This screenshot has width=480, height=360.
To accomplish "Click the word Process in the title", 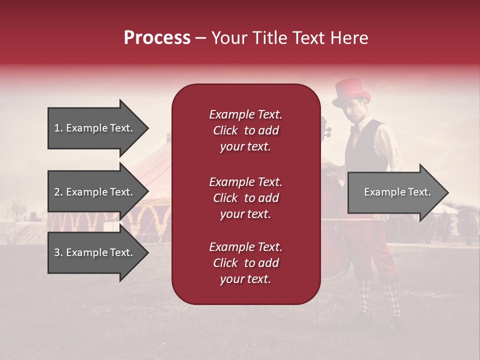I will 157,37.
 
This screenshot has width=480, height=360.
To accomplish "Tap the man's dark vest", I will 367,145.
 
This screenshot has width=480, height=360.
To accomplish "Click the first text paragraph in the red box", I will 245,130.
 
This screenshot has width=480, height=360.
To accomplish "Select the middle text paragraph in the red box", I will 245,198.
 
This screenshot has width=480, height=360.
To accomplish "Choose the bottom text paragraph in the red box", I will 245,263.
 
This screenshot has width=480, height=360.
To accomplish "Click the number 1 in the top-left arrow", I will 57,128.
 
